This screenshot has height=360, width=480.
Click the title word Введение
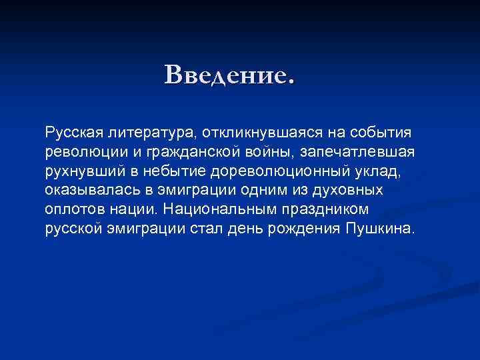coord(229,75)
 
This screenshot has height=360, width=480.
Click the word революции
coord(80,152)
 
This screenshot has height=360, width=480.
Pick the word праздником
coord(322,210)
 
